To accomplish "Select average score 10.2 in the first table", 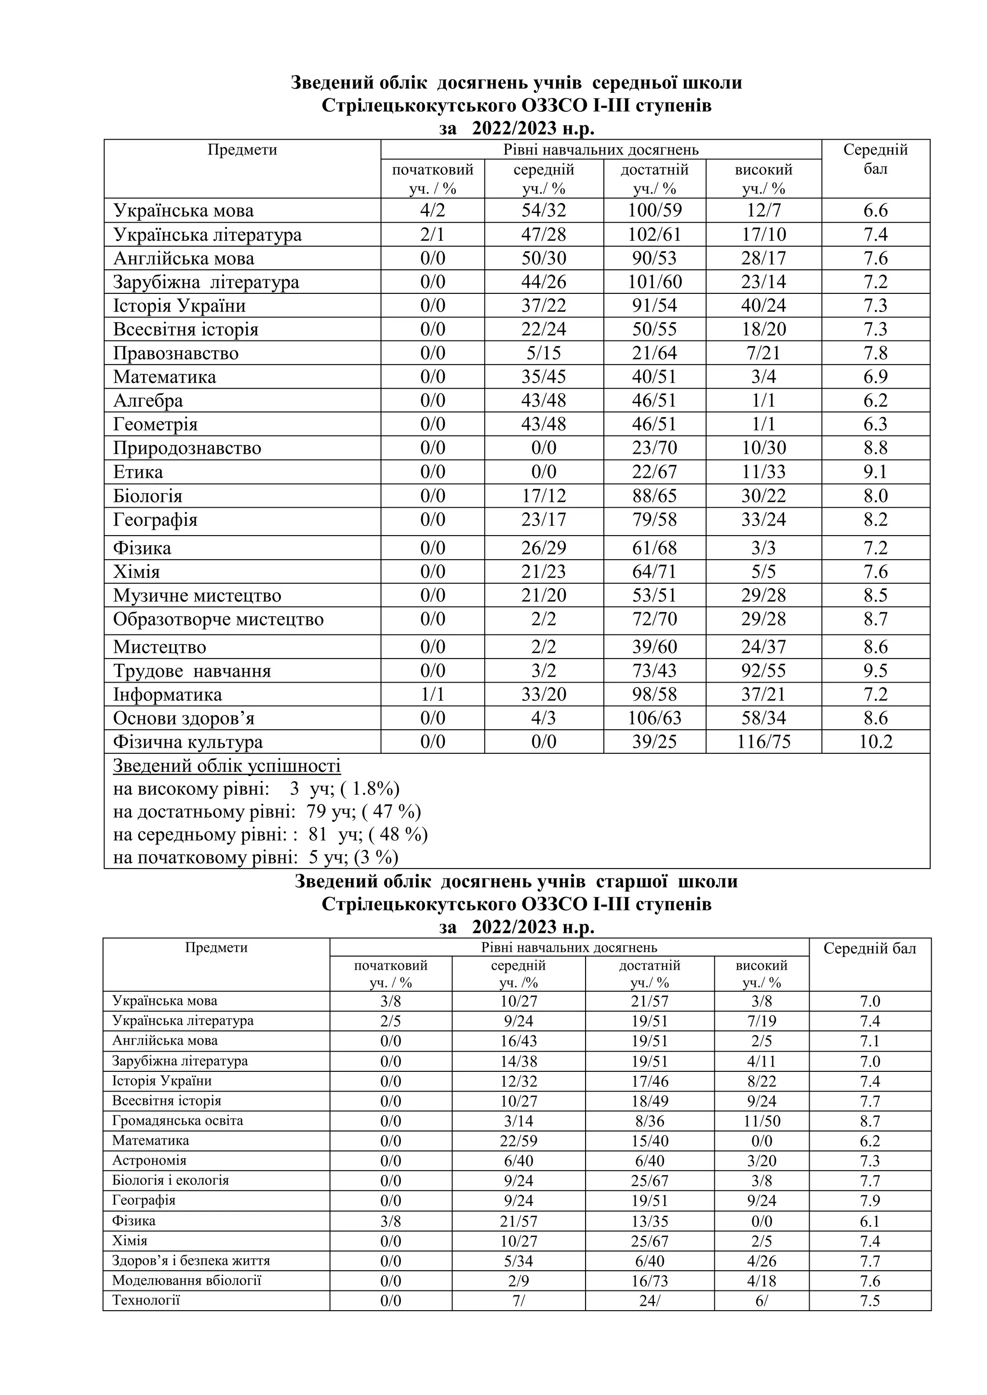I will pyautogui.click(x=875, y=742).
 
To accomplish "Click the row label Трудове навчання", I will pyautogui.click(x=192, y=671).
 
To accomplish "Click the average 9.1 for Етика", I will pyautogui.click(x=875, y=472).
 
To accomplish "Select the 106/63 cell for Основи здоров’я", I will pyautogui.click(x=654, y=718).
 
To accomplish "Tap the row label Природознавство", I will pyautogui.click(x=187, y=448).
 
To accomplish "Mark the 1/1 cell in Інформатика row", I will pyautogui.click(x=433, y=695).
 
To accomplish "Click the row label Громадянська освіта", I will pyautogui.click(x=177, y=1120).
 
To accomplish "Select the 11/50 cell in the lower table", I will pyautogui.click(x=761, y=1121).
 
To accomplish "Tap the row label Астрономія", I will pyautogui.click(x=149, y=1160).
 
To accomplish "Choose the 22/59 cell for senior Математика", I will pyautogui.click(x=519, y=1141).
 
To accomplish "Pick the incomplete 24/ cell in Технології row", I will pyautogui.click(x=649, y=1301).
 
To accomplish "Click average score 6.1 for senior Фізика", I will pyautogui.click(x=870, y=1221).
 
